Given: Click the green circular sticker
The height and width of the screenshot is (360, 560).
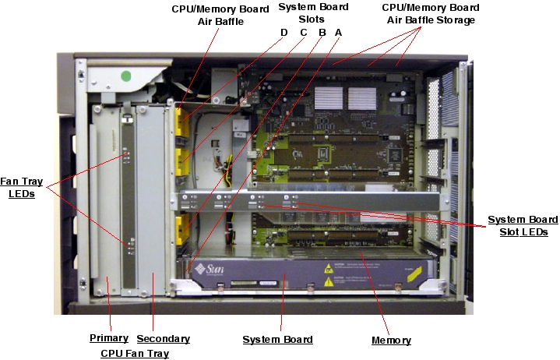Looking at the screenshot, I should pos(125,76).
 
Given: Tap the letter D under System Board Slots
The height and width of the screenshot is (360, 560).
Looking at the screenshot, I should pos(284,32).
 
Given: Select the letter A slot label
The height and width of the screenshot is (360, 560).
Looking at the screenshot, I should pos(337,32).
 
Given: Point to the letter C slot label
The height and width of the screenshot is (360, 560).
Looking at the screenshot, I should pos(303,32).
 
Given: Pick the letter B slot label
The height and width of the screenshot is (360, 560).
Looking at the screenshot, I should pos(321,32).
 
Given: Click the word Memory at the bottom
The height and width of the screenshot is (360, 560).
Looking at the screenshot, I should pos(390,341).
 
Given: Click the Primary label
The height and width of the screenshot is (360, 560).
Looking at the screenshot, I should pos(109,338).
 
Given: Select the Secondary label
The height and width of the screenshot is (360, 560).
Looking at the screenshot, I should pos(163,339).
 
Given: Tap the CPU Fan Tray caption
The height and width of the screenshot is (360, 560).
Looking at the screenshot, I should pos(135,353).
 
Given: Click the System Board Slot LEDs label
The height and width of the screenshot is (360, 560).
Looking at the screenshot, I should pos(517,226).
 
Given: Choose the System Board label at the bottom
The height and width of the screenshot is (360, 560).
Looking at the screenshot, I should pos(277,340).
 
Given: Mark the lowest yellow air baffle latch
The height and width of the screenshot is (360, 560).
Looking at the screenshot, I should pos(182,230).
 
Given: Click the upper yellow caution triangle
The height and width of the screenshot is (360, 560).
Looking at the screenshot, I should pos(329,266).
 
